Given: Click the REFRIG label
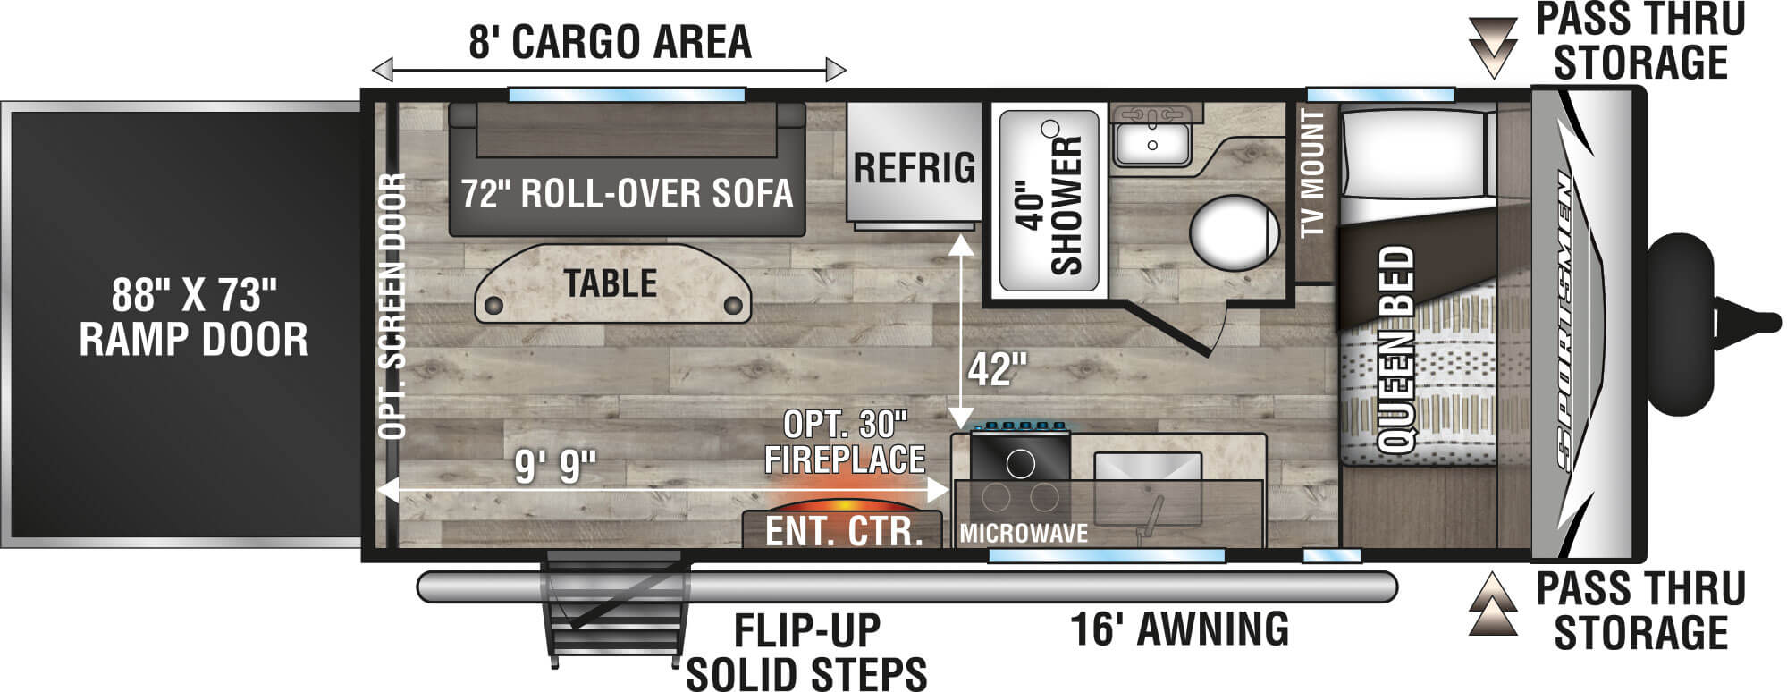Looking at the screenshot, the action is (915, 167).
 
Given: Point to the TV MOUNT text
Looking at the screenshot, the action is (1312, 173).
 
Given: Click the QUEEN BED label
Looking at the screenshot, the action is (1395, 350).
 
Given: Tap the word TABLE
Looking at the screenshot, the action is (611, 283).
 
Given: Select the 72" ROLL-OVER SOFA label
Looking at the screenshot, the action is (627, 192).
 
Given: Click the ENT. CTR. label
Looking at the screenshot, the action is (844, 531).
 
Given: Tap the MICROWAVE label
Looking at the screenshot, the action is (1024, 534).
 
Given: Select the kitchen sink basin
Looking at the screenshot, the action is (1148, 488).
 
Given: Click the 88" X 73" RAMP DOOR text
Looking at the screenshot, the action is (193, 316).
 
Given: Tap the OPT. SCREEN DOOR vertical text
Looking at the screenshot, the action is (392, 307).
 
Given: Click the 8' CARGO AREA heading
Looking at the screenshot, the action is (610, 41).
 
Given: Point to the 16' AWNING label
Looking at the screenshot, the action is (1180, 629).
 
